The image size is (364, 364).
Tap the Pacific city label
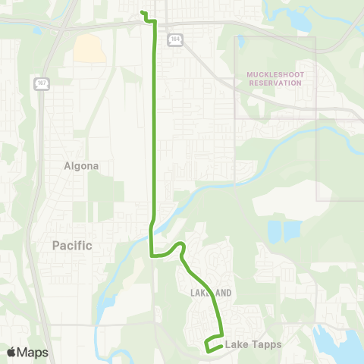(72, 246)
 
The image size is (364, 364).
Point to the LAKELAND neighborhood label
(206, 292)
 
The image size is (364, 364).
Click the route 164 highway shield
(175, 39)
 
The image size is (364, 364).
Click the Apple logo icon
(11, 352)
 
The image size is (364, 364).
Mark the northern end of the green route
(143, 12)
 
